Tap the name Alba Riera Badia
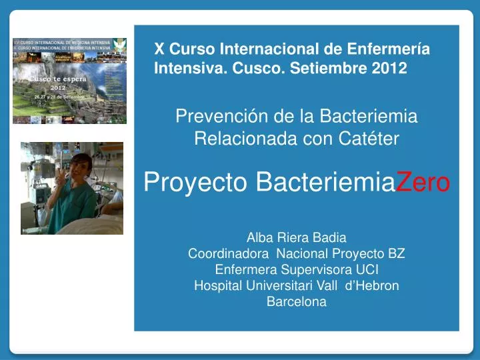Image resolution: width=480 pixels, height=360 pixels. click(x=297, y=237)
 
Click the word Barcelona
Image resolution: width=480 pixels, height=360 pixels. click(x=297, y=301)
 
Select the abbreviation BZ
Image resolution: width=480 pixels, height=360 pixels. click(x=397, y=253)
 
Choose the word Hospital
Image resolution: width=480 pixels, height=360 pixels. click(x=217, y=285)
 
